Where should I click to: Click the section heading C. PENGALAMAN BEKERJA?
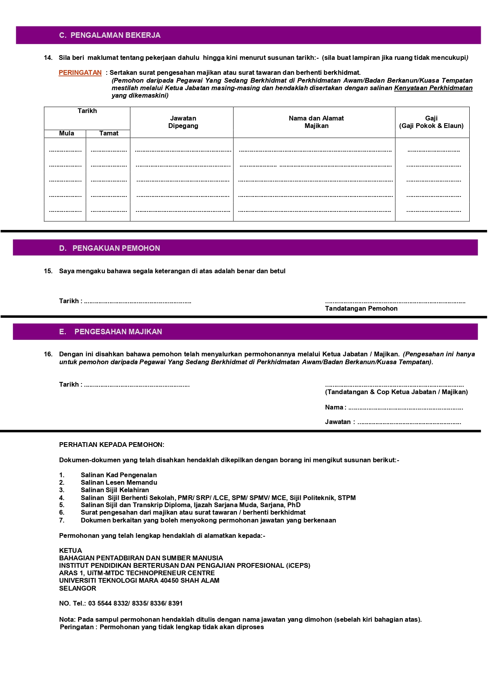110,35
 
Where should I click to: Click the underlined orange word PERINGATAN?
80,73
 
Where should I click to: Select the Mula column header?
67,133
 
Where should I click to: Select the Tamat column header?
109,133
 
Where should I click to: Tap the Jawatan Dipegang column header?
183,122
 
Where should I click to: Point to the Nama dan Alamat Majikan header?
316,122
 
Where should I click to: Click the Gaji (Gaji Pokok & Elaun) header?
431,122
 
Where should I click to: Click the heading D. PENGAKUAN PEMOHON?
110,248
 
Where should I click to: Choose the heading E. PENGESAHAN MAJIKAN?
110,332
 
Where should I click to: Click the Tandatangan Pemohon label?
361,309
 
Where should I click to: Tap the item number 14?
48,58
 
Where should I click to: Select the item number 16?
48,354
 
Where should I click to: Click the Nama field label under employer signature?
334,408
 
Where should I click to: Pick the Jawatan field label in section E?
338,422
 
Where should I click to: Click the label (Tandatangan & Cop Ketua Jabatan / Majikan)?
396,392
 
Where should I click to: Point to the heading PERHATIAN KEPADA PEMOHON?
112,445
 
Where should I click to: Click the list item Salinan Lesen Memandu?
119,483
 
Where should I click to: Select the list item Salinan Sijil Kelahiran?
115,490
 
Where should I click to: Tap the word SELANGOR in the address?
78,589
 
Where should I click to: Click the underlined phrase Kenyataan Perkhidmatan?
433,88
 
